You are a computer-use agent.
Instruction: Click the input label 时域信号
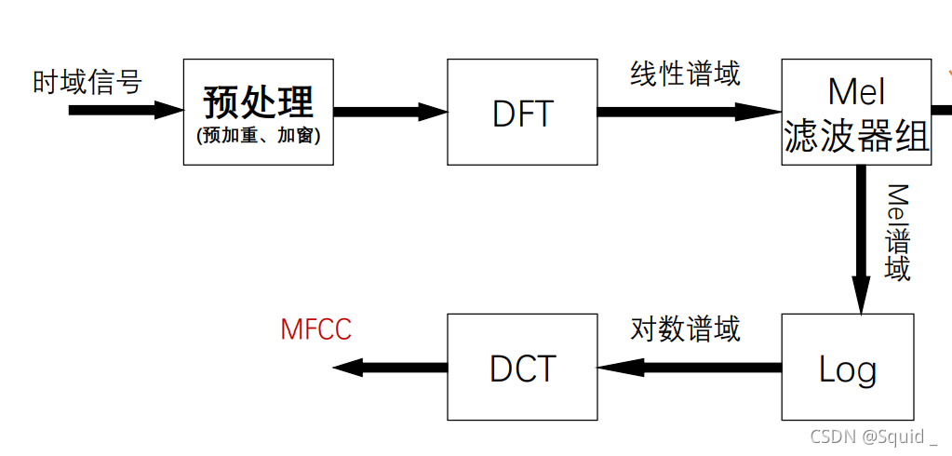pyautogui.click(x=87, y=82)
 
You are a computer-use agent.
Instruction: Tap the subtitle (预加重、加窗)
pyautogui.click(x=258, y=135)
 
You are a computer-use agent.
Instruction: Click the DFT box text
pyautogui.click(x=522, y=114)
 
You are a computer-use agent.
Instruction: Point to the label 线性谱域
pyautogui.click(x=685, y=74)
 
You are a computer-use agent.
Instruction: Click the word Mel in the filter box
pyautogui.click(x=855, y=92)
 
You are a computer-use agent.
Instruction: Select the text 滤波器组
pyautogui.click(x=856, y=137)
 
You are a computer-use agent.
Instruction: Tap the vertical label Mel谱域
pyautogui.click(x=897, y=232)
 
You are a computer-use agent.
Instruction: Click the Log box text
pyautogui.click(x=847, y=369)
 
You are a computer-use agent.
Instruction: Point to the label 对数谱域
pyautogui.click(x=685, y=329)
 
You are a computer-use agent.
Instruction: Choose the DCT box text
pyautogui.click(x=522, y=369)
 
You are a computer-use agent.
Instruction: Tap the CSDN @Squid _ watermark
pyautogui.click(x=874, y=436)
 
